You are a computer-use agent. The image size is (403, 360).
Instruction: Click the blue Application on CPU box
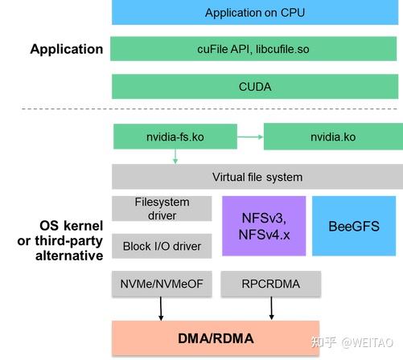pyautogui.click(x=255, y=12)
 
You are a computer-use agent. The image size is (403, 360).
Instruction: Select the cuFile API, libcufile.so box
pyautogui.click(x=255, y=49)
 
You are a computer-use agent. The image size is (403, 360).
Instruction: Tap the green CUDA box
pyautogui.click(x=255, y=86)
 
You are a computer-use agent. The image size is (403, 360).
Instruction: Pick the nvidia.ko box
pyautogui.click(x=332, y=137)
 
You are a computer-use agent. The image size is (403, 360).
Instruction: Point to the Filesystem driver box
pyautogui.click(x=162, y=209)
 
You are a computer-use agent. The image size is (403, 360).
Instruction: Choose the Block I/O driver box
pyautogui.click(x=162, y=246)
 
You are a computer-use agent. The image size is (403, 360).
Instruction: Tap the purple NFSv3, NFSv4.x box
pyautogui.click(x=264, y=226)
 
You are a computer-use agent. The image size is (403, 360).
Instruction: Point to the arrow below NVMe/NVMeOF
pyautogui.click(x=162, y=307)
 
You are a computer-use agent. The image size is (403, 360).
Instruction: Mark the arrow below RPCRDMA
pyautogui.click(x=270, y=307)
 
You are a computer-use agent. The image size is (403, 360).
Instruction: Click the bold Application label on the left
pyautogui.click(x=67, y=49)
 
